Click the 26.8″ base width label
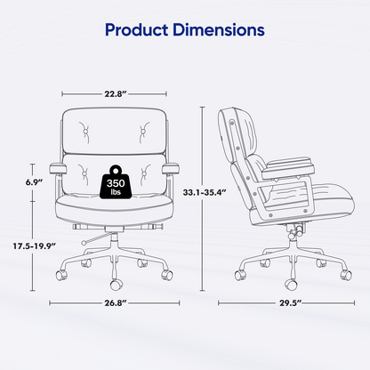click(114, 303)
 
